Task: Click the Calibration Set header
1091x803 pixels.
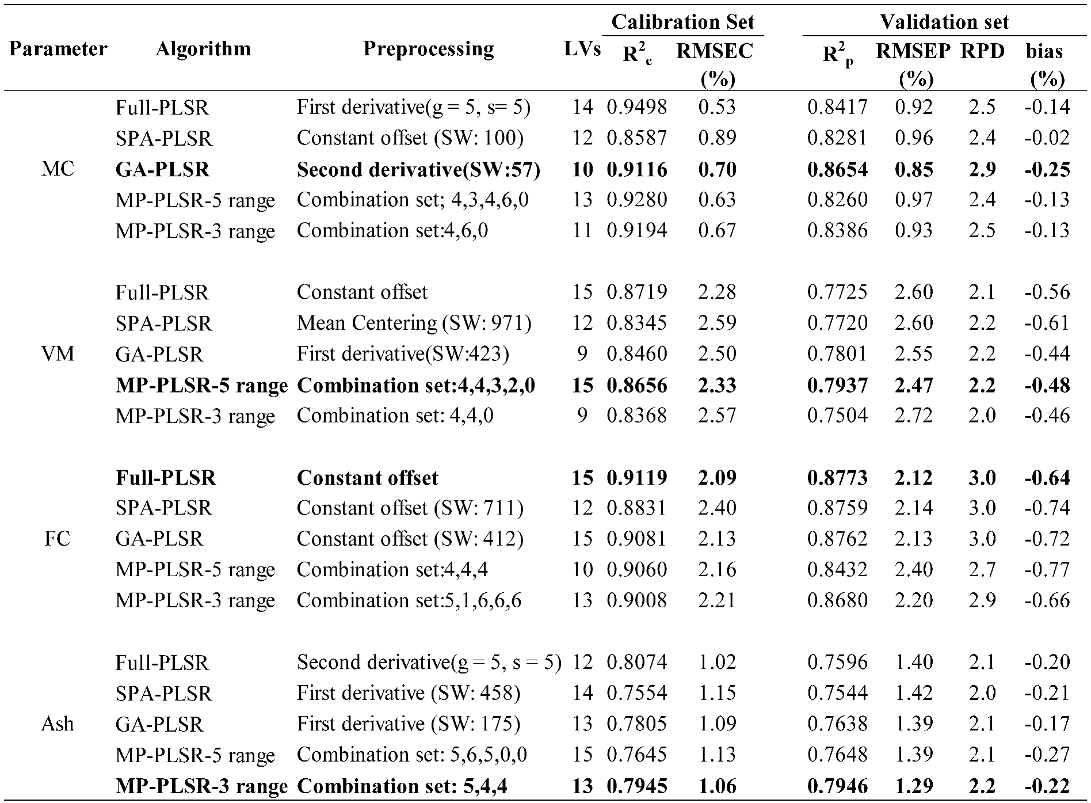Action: click(682, 22)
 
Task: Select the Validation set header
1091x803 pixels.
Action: click(944, 22)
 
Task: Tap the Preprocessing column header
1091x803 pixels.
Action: click(428, 49)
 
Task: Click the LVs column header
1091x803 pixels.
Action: click(582, 49)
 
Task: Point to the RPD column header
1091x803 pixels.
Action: click(982, 51)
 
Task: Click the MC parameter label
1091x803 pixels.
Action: click(58, 169)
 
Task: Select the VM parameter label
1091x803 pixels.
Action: click(58, 353)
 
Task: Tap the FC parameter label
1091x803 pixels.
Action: click(58, 539)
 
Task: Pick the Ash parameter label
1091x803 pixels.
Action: click(58, 724)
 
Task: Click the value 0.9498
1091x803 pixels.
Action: click(637, 107)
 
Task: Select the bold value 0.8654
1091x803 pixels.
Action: click(837, 169)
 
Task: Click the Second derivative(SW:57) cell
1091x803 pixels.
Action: click(418, 169)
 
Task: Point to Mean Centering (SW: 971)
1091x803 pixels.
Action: click(414, 323)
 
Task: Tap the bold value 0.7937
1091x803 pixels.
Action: click(837, 385)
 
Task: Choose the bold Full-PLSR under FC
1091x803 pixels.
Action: click(166, 478)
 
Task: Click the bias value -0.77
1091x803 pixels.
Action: click(1047, 570)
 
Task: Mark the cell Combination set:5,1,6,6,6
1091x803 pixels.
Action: click(409, 600)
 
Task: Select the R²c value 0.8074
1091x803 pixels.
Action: click(637, 663)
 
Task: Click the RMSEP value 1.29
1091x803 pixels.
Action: click(913, 786)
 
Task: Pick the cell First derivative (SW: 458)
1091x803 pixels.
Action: click(409, 693)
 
